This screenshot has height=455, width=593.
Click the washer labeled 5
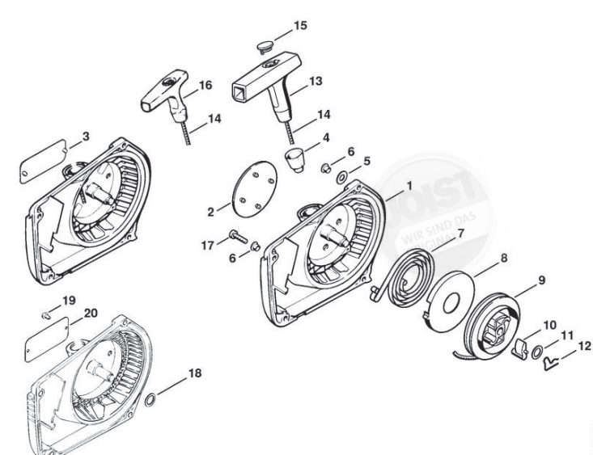tap(345, 175)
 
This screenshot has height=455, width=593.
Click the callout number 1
tap(410, 185)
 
